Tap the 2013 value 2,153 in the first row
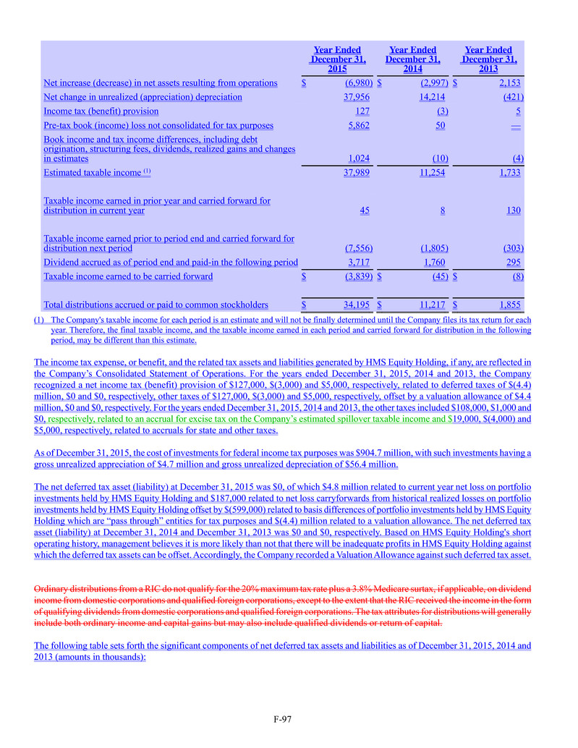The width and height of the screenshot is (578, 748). click(x=509, y=82)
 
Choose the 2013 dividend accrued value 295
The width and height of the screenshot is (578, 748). click(x=515, y=262)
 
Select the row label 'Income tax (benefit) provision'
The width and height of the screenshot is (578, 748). click(x=101, y=111)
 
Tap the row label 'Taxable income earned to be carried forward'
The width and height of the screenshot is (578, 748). click(x=128, y=276)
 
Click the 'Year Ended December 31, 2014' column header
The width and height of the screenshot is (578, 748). click(x=412, y=59)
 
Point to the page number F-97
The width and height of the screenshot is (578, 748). click(x=282, y=719)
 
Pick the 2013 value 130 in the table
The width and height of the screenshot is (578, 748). click(x=515, y=211)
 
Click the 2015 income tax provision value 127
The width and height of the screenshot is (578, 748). click(x=363, y=111)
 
